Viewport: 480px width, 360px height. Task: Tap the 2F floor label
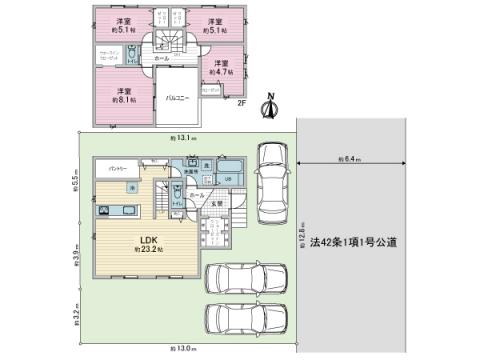(x=241, y=100)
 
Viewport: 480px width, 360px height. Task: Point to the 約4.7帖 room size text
(x=219, y=72)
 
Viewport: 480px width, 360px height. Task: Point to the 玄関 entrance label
(x=217, y=205)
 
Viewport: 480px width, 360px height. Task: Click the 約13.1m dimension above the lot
(x=183, y=137)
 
